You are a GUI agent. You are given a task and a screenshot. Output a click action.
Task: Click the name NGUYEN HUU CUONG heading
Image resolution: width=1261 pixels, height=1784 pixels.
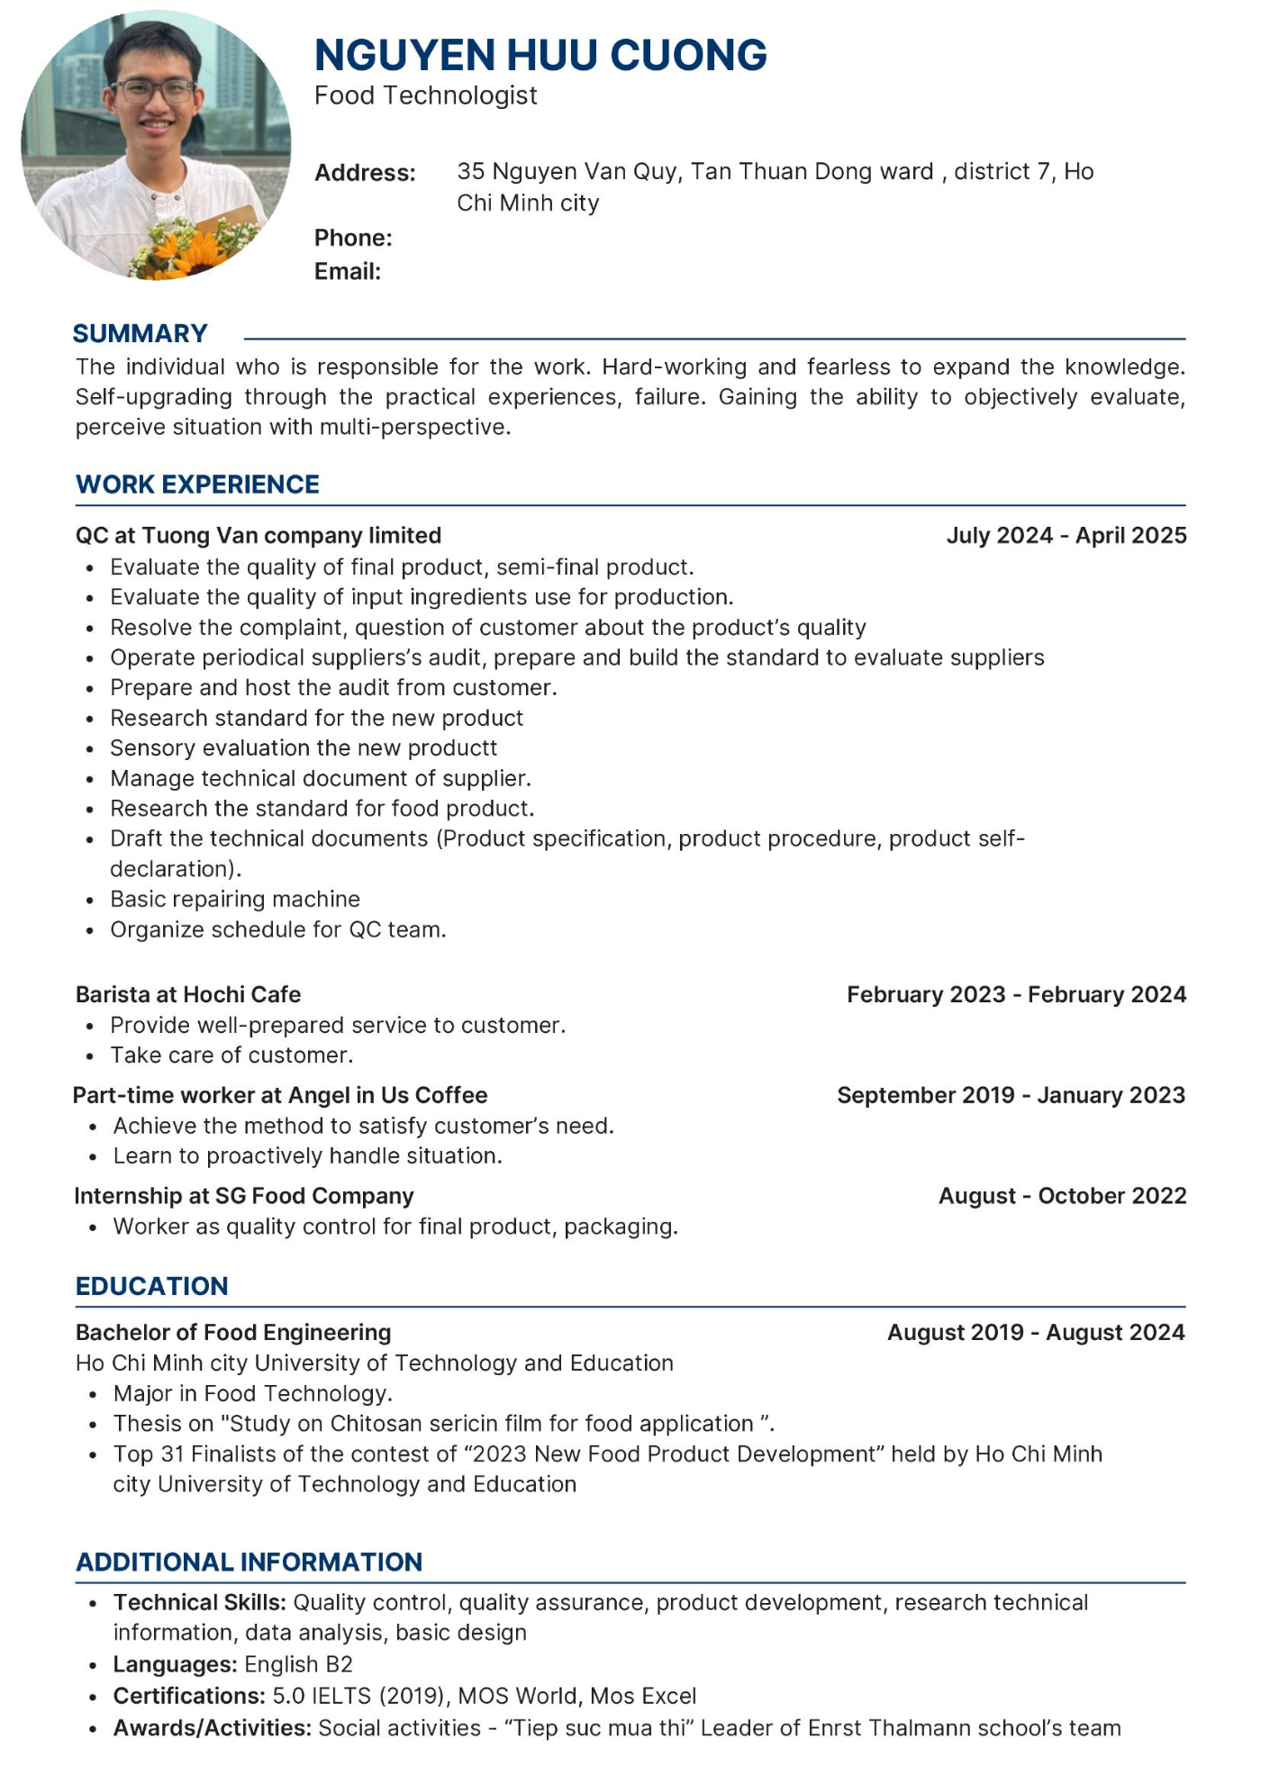[x=540, y=55]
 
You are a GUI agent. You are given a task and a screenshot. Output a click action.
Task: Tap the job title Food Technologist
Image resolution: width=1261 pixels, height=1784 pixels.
[x=425, y=95]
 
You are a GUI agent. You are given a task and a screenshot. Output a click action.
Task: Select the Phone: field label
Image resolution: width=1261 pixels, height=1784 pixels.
[x=353, y=238]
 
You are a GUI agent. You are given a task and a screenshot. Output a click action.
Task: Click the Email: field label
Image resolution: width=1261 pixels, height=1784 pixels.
[x=348, y=271]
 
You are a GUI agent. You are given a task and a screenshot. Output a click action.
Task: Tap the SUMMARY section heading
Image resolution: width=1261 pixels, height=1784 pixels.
[x=141, y=333]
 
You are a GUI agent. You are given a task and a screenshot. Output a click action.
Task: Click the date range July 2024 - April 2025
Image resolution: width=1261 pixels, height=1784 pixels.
[x=1066, y=535]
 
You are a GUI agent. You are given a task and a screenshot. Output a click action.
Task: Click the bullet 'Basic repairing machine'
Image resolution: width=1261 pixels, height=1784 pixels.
[x=235, y=899]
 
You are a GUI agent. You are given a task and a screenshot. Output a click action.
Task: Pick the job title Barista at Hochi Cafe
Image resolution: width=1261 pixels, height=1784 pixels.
[x=188, y=994]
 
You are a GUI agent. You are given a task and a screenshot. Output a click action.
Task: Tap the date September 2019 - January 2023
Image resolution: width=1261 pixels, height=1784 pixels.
[x=1011, y=1095]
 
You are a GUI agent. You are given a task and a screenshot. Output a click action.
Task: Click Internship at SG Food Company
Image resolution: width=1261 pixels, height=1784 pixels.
[x=244, y=1196]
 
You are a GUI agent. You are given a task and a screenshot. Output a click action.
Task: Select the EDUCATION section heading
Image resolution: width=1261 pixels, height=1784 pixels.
[x=152, y=1286]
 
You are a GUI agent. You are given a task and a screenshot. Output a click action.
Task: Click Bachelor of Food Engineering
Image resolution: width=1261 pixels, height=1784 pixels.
[x=233, y=1332]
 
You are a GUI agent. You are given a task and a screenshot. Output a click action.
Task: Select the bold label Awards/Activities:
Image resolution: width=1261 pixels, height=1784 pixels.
[x=213, y=1727]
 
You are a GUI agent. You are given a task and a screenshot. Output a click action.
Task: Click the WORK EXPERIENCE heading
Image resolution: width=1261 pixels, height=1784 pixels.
[x=197, y=484]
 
